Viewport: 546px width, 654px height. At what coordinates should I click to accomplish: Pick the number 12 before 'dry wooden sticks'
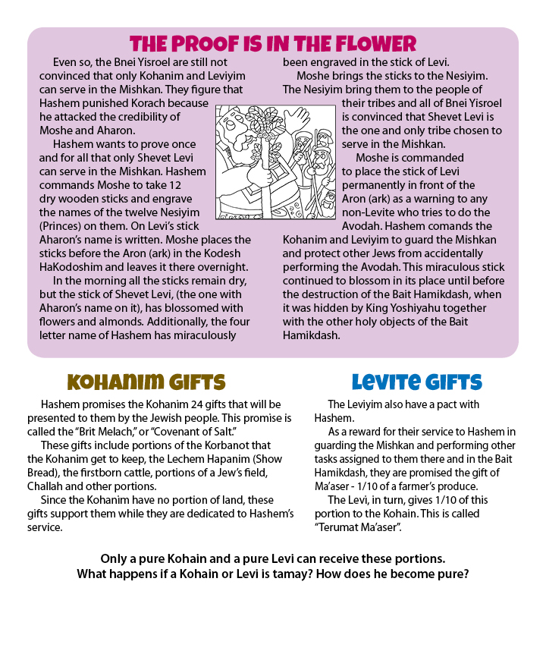199,185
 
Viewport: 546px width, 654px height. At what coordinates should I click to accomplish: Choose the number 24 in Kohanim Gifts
188,404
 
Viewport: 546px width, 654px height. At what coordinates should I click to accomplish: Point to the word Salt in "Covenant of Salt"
237,432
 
